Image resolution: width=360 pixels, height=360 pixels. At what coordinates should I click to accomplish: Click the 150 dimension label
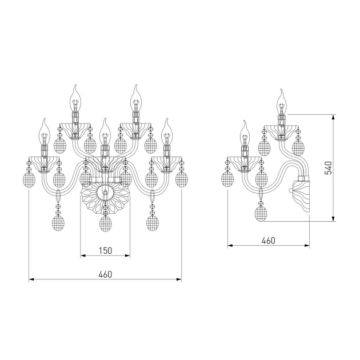coord(105,250)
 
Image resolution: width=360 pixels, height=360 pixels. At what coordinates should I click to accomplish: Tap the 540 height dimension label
coord(329,168)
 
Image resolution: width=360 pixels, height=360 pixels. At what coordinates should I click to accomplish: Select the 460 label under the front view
coord(105,274)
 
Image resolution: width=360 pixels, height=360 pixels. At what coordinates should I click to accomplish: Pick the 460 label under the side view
coord(268,241)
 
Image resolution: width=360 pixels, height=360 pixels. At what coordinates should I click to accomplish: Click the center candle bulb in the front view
coord(105,131)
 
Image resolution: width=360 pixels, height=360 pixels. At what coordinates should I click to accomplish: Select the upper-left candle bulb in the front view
coord(75,98)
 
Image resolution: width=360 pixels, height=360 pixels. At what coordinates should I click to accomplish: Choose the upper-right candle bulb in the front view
coord(136,98)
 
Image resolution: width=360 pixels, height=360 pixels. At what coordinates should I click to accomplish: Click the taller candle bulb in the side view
coord(282,102)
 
